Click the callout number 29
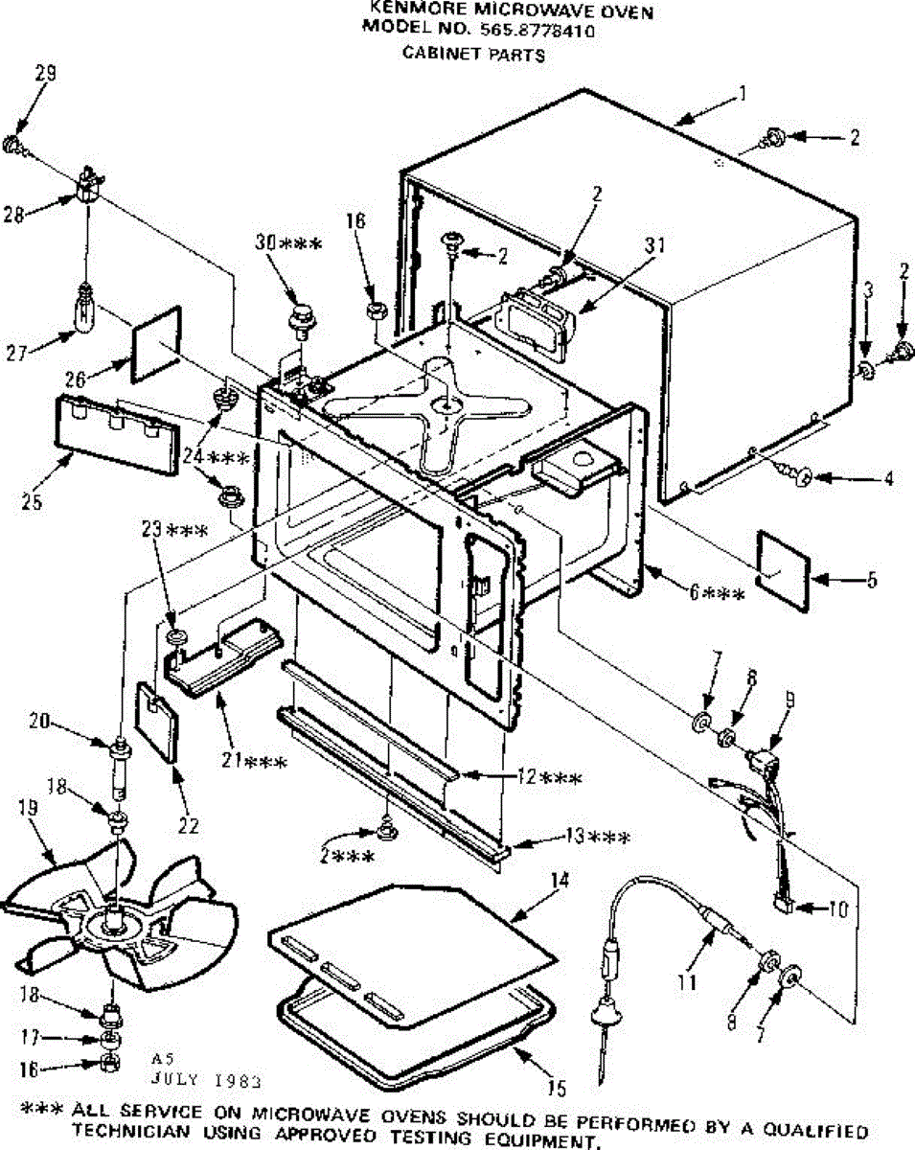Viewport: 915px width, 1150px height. tap(45, 74)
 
